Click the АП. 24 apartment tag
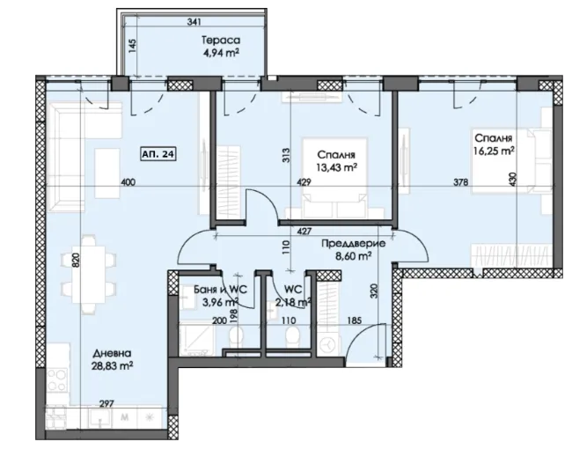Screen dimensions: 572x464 pyautogui.click(x=158, y=154)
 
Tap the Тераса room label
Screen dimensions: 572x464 pyautogui.click(x=221, y=40)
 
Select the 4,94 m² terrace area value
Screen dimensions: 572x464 pyautogui.click(x=221, y=54)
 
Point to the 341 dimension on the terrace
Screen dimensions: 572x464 pyautogui.click(x=194, y=22)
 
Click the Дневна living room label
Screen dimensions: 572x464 pyautogui.click(x=112, y=353)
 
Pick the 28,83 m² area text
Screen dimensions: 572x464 pyautogui.click(x=112, y=366)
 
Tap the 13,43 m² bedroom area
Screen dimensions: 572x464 pyautogui.click(x=336, y=167)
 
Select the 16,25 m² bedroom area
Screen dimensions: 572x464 pyautogui.click(x=494, y=151)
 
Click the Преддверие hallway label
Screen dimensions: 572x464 pyautogui.click(x=353, y=244)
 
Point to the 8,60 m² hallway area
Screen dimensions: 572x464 pyautogui.click(x=354, y=256)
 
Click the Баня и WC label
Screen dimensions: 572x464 pyautogui.click(x=220, y=290)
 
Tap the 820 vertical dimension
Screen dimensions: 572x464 pyautogui.click(x=76, y=260)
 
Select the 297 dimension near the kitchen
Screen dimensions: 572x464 pyautogui.click(x=106, y=404)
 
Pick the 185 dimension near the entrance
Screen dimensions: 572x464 pyautogui.click(x=355, y=320)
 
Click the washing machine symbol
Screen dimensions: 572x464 pyautogui.click(x=328, y=344)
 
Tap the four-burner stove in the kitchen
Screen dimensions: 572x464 pyautogui.click(x=57, y=380)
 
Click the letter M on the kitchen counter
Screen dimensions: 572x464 pyautogui.click(x=124, y=417)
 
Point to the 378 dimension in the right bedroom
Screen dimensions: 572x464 pyautogui.click(x=461, y=181)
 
